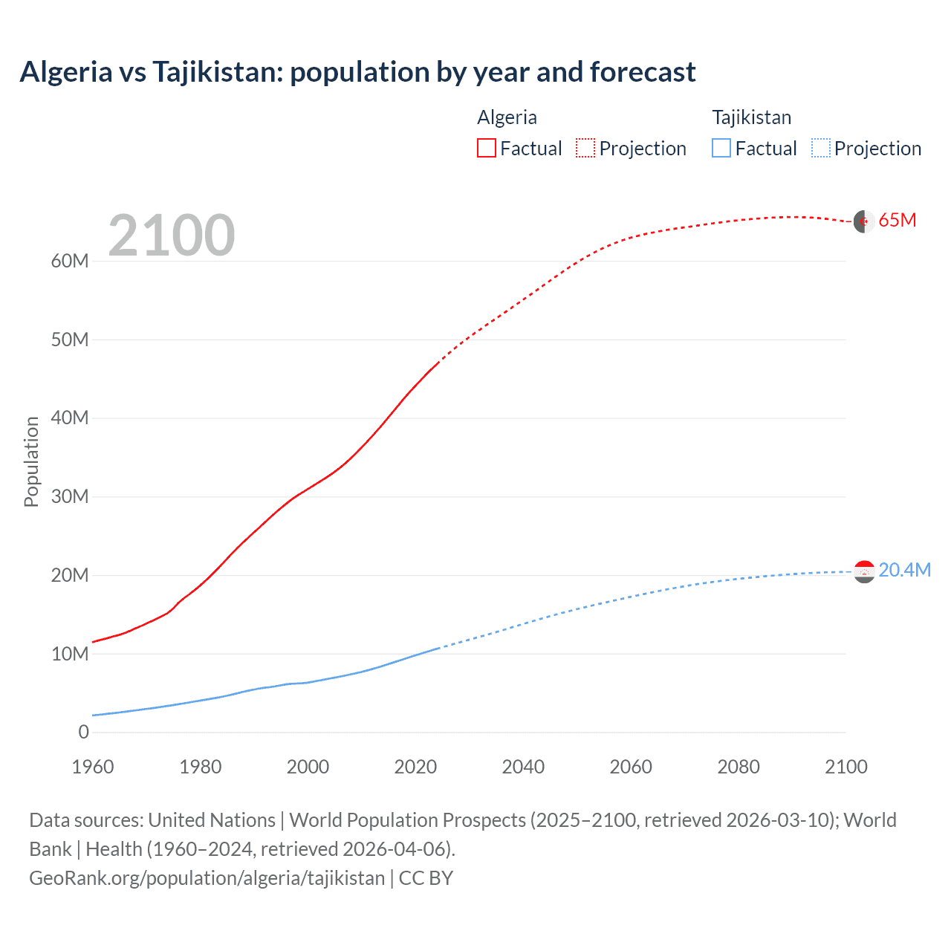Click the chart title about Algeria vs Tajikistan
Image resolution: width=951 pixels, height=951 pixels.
[357, 72]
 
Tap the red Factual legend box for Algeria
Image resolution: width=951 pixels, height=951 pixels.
[486, 148]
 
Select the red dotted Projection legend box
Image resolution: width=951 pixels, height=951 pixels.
[585, 148]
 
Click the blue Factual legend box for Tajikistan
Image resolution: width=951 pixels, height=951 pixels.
[721, 148]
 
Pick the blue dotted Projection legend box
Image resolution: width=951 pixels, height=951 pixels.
[820, 148]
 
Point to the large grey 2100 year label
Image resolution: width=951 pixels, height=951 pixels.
[172, 236]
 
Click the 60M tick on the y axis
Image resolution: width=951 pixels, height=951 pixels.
[70, 261]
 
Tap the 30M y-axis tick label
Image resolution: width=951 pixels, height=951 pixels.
[70, 496]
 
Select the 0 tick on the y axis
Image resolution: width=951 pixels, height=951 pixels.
[83, 732]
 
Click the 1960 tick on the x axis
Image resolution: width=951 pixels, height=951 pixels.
[93, 767]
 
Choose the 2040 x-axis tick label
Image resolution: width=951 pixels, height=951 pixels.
[523, 767]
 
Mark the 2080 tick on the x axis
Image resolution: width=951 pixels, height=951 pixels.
[739, 767]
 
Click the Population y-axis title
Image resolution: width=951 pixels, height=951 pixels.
[31, 461]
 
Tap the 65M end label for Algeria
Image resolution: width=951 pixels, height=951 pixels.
[898, 220]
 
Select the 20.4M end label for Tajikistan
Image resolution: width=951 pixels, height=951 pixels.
[904, 570]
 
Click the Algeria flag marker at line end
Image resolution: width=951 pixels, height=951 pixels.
[864, 221]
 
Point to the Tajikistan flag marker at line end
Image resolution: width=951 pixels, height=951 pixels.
[864, 571]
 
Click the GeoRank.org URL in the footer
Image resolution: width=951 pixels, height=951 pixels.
[207, 877]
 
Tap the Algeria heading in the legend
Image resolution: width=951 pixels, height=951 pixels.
[507, 117]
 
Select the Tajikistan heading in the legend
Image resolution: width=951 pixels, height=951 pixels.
[751, 117]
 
